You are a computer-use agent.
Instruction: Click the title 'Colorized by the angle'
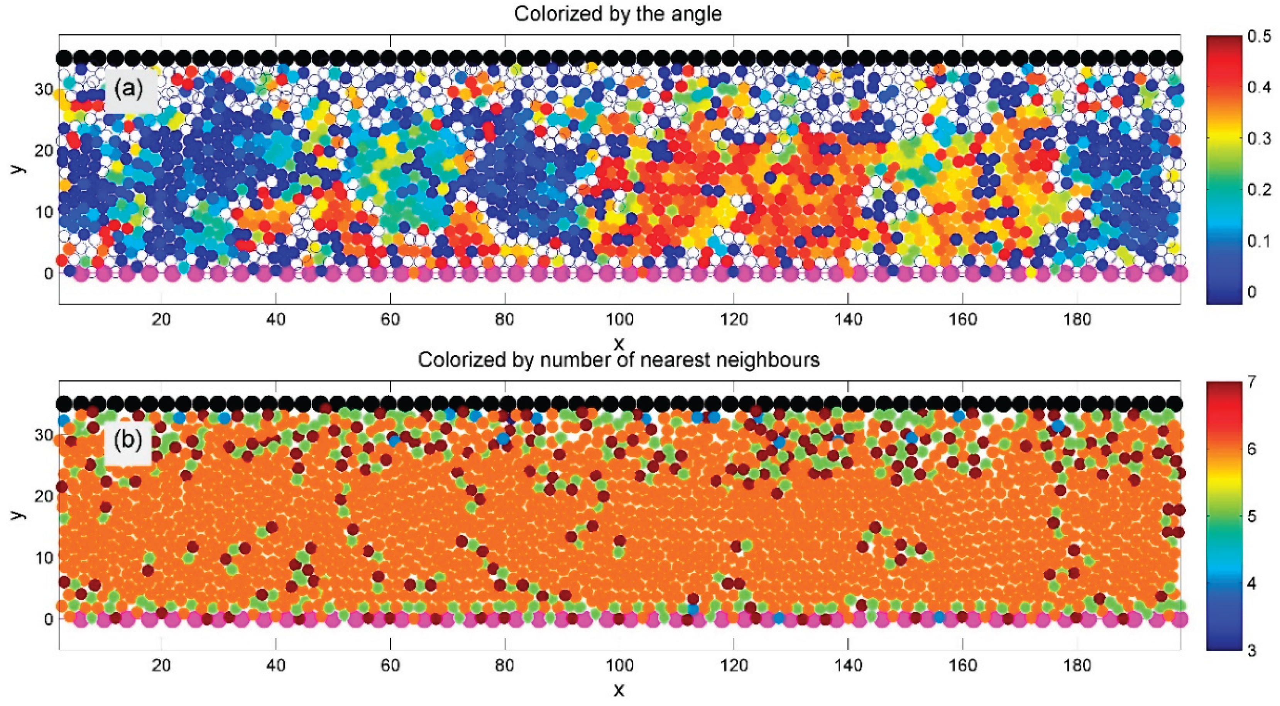(618, 14)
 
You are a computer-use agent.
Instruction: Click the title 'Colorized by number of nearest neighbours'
(618, 359)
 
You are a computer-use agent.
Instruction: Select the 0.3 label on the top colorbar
(1259, 138)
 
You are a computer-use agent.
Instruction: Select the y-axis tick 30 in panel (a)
(43, 90)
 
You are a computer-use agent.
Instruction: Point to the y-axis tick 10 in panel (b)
(43, 558)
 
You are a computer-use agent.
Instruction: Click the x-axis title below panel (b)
(619, 690)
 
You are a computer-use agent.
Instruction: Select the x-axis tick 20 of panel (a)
(161, 319)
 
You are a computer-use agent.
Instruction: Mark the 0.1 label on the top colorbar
(1259, 240)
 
